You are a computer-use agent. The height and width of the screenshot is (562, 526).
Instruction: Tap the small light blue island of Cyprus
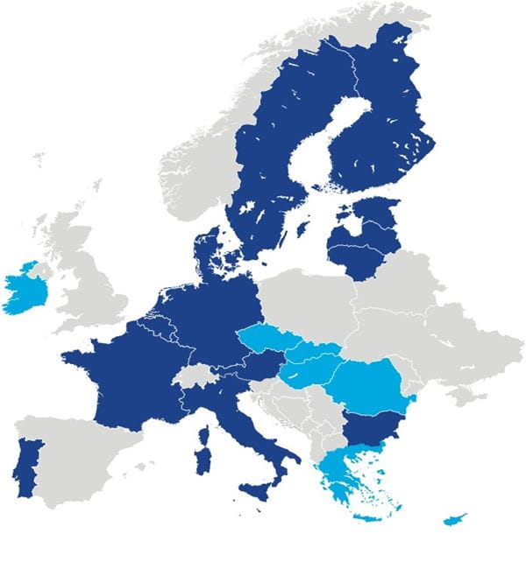[x=455, y=520]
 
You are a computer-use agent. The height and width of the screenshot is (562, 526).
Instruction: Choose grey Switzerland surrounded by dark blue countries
[x=195, y=379]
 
